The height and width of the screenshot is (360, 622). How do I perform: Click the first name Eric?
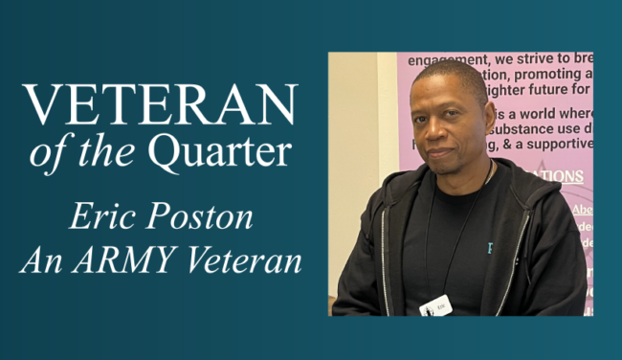tap(101, 215)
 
